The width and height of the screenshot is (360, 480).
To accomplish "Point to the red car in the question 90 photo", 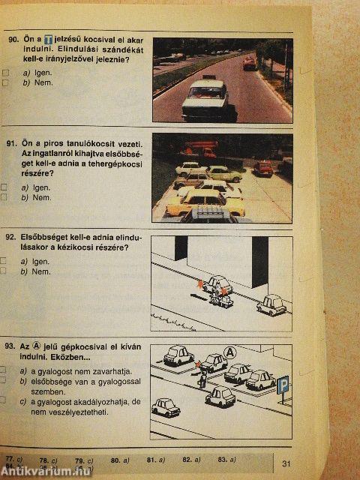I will [x=249, y=64].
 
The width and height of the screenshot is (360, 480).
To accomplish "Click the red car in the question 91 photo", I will [x=263, y=168].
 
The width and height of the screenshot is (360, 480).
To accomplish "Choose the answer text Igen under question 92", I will [x=40, y=261].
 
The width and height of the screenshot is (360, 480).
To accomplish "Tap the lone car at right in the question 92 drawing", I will [x=271, y=304].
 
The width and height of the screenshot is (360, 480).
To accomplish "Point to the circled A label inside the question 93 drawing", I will [x=229, y=351].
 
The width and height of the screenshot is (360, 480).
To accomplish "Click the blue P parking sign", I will [x=283, y=385].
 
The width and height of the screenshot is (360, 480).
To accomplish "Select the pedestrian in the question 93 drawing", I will [x=200, y=375].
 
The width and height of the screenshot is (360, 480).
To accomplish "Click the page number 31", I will [x=286, y=463].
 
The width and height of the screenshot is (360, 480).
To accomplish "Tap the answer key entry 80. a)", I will [x=120, y=458].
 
